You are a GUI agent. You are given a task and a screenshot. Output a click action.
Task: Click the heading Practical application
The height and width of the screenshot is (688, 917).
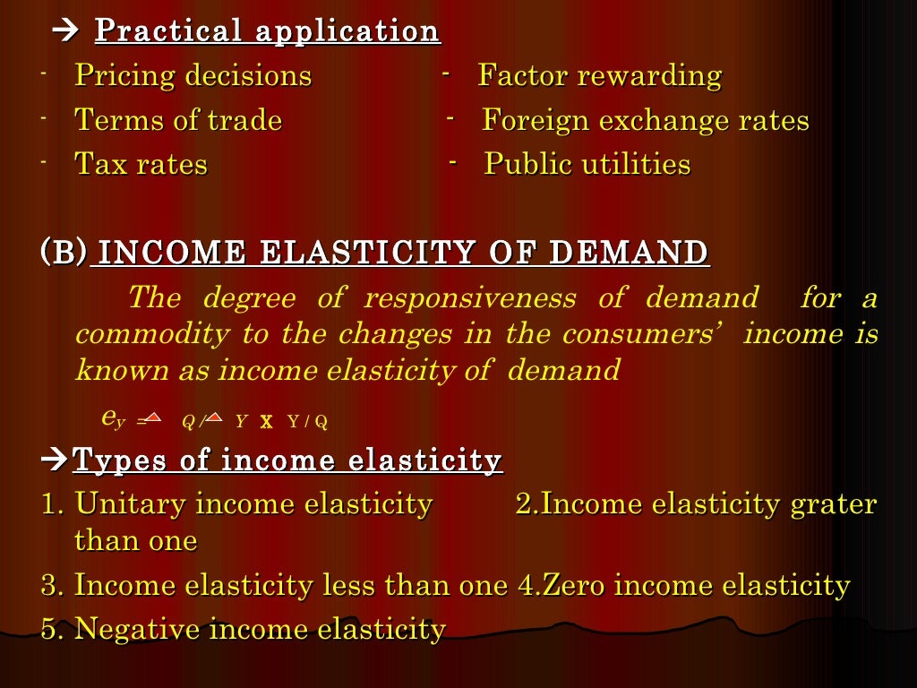tap(267, 31)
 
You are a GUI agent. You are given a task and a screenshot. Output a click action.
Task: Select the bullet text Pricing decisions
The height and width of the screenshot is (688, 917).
tap(193, 75)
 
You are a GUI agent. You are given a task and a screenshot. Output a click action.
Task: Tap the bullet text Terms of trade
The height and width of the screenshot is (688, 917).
tap(177, 120)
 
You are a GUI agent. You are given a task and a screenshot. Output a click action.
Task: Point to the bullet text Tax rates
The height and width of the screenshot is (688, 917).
tap(141, 165)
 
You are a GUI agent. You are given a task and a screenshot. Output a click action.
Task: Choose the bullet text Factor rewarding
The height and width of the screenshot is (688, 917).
tap(599, 75)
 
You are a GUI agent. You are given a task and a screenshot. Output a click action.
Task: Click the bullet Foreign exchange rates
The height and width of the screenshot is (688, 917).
tap(645, 120)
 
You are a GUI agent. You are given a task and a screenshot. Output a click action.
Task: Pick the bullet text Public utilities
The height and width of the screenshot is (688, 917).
tap(587, 165)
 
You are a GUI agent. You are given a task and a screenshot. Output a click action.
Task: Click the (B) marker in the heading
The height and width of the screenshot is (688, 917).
tap(63, 252)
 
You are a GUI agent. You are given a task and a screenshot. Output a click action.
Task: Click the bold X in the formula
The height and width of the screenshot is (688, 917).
tap(266, 421)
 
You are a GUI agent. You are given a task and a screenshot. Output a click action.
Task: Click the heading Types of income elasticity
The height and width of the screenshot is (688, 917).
tap(287, 460)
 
